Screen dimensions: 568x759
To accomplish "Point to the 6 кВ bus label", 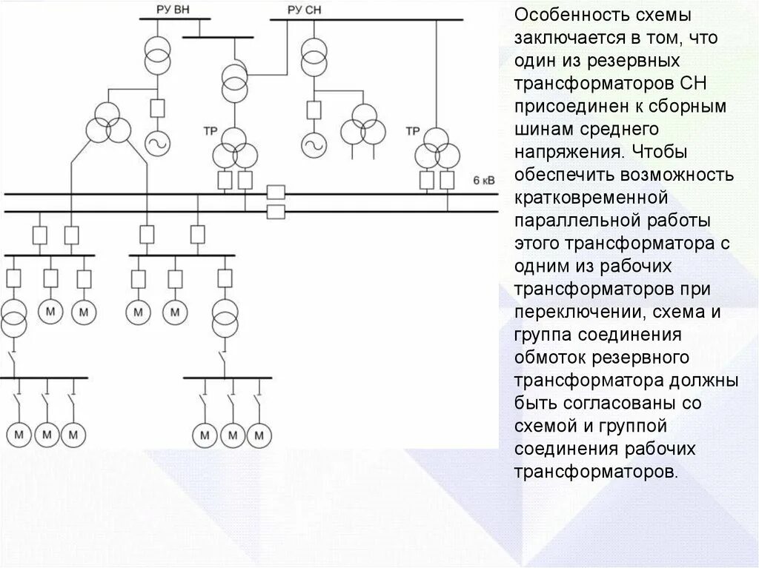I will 483,180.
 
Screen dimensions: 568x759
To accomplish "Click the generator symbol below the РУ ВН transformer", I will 157,143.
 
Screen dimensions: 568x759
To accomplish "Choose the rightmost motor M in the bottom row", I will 258,434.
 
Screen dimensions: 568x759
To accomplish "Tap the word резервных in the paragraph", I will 664,57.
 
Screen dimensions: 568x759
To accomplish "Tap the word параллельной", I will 578,221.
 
